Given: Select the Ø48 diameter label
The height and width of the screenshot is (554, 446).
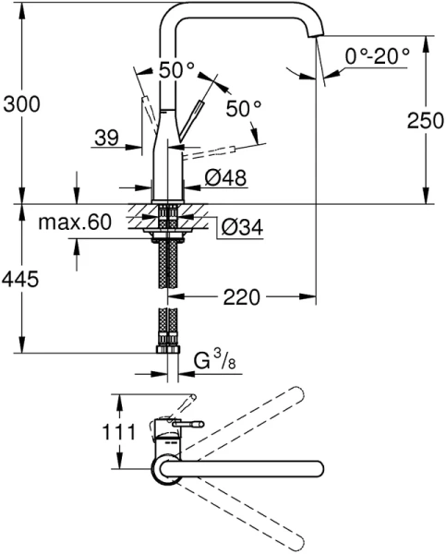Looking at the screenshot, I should pos(226,179).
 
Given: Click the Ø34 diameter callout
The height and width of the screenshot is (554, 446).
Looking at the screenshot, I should pos(237,224).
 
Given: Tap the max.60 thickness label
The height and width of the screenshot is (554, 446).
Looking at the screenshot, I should pos(76,223).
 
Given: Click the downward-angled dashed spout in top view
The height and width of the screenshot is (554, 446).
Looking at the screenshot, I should pos(249,508).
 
